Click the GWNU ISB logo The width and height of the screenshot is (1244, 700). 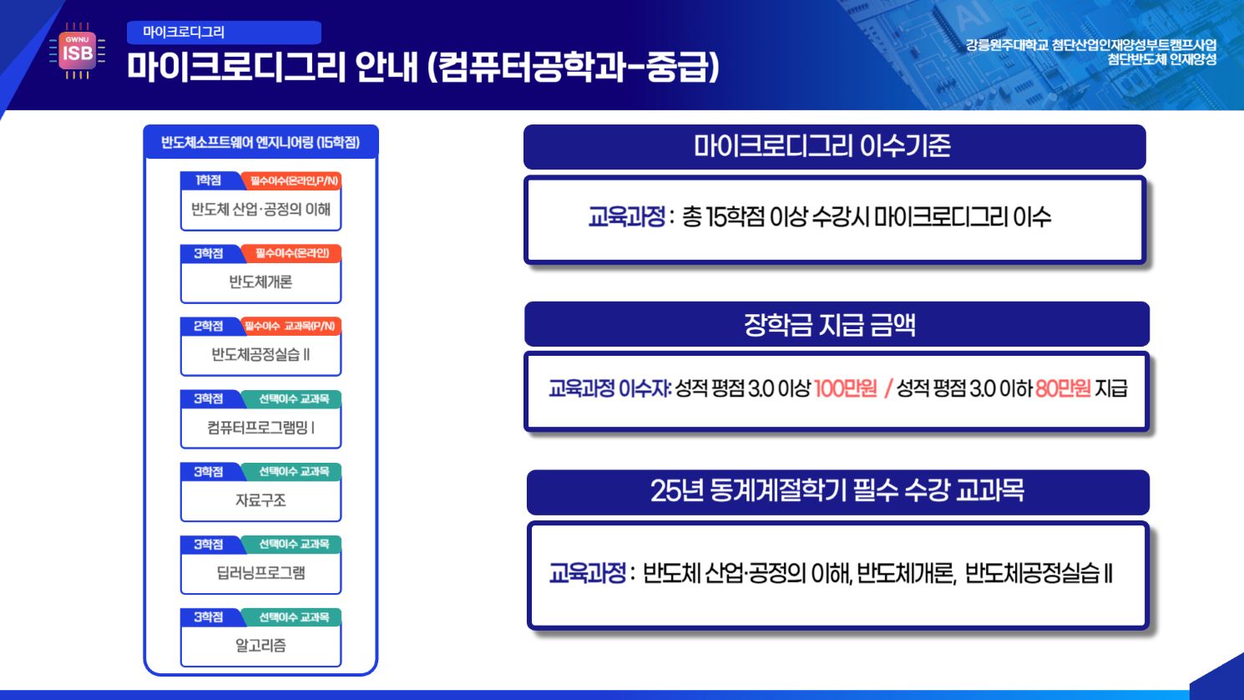pyautogui.click(x=77, y=52)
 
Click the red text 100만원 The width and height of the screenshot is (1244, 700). pyautogui.click(x=845, y=388)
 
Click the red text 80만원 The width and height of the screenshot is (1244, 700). pyautogui.click(x=1063, y=388)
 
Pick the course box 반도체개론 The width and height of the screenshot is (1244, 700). pyautogui.click(x=260, y=282)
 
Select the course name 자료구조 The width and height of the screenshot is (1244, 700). pyautogui.click(x=260, y=500)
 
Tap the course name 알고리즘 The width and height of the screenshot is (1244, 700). pyautogui.click(x=260, y=646)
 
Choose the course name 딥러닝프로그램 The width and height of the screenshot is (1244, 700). pyautogui.click(x=260, y=573)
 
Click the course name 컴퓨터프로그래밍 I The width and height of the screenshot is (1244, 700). pyautogui.click(x=260, y=428)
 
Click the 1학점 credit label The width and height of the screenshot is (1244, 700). pyautogui.click(x=209, y=180)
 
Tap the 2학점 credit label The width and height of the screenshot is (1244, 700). pyautogui.click(x=209, y=326)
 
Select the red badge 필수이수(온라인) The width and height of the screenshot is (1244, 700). pyautogui.click(x=292, y=253)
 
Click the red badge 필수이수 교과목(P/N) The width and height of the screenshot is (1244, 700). pyautogui.click(x=292, y=326)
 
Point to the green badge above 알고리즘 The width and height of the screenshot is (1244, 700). pyautogui.click(x=293, y=617)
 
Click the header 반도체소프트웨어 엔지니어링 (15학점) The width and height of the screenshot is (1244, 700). pyautogui.click(x=260, y=143)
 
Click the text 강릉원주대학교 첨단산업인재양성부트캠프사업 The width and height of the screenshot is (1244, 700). pyautogui.click(x=1090, y=44)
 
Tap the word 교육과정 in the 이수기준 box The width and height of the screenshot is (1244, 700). pyautogui.click(x=626, y=218)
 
